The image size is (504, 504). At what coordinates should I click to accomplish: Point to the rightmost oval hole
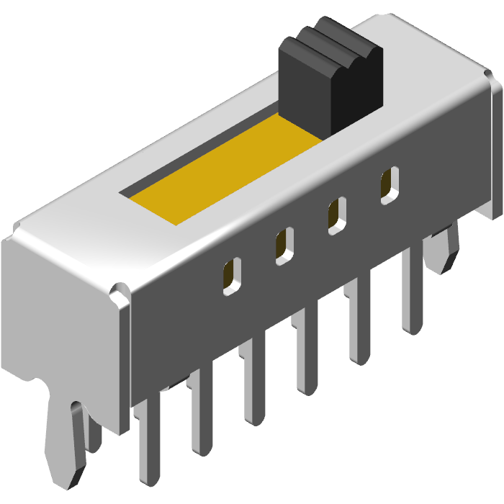390,184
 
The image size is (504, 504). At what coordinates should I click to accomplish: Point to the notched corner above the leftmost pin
119,295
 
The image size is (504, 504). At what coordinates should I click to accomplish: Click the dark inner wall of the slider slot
202,155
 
